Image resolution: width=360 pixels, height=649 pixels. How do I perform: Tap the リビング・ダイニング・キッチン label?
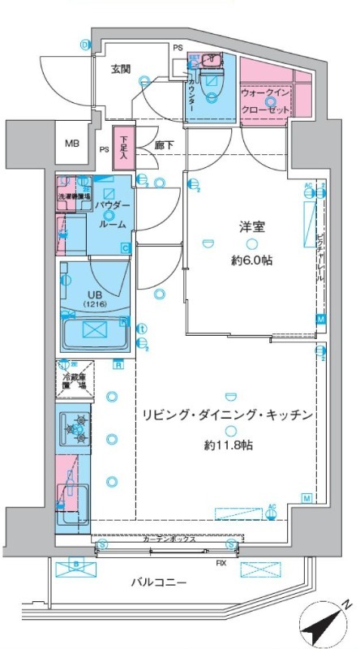coord(228,415)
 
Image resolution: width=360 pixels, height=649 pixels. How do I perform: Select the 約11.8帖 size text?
coord(228,444)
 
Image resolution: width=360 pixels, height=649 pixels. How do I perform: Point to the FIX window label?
coord(220,561)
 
